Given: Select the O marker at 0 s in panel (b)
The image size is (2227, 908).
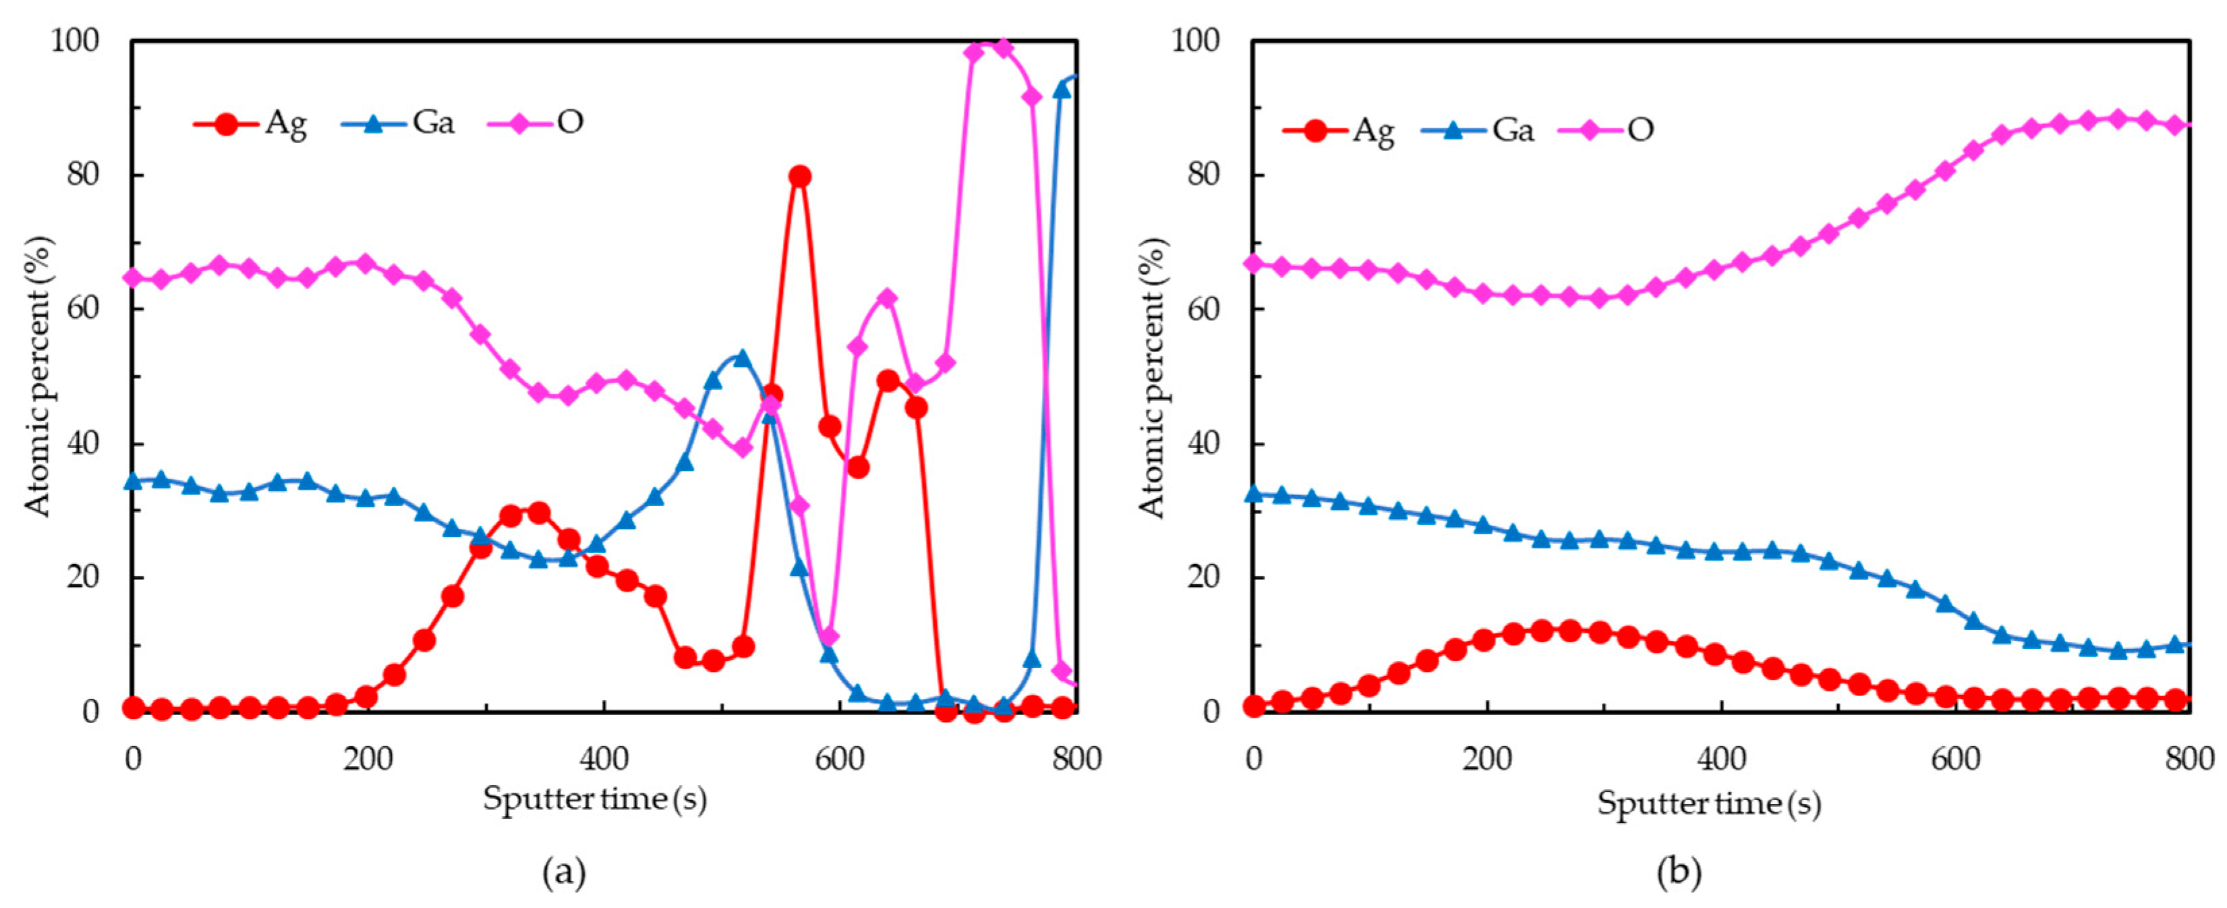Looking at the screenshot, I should point(1254,263).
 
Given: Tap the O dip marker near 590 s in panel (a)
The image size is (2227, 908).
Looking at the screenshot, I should point(829,638).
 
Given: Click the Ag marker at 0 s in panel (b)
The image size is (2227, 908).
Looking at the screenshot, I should point(1254,706).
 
